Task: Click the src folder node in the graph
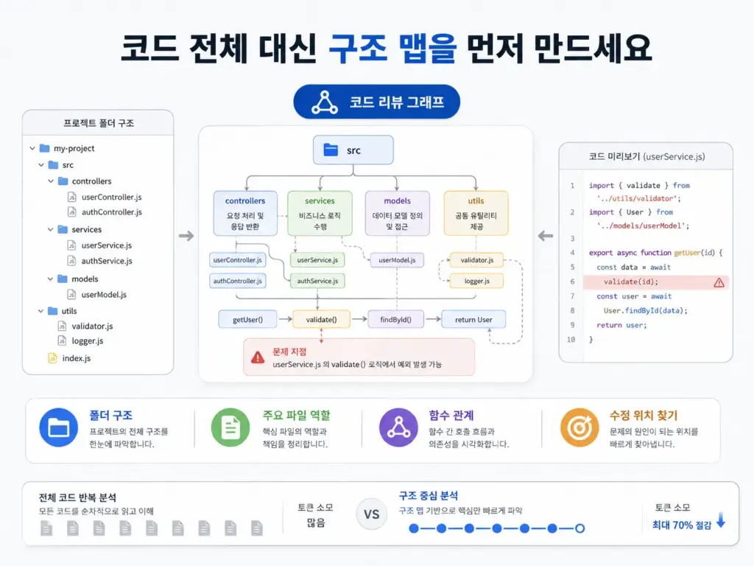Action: coord(353,150)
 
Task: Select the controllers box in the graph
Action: coord(245,213)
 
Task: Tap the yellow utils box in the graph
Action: coord(476,213)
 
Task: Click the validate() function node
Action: coord(321,320)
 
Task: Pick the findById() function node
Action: coord(395,320)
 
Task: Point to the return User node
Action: coord(473,320)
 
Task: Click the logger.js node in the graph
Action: coord(476,281)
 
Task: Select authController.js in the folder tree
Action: coord(112,212)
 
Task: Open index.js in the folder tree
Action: coord(76,358)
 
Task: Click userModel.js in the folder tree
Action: coord(104,295)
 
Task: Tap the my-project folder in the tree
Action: coord(74,148)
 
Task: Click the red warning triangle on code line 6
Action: coord(719,282)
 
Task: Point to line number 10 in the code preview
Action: coord(571,339)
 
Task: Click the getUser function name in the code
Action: coord(687,253)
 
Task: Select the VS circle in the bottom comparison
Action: coord(371,514)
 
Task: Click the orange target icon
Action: coord(579,427)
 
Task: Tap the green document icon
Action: coord(230,427)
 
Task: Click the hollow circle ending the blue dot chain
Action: coord(580,528)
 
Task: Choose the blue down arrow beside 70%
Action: coord(721,520)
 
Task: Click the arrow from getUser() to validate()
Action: coord(285,319)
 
